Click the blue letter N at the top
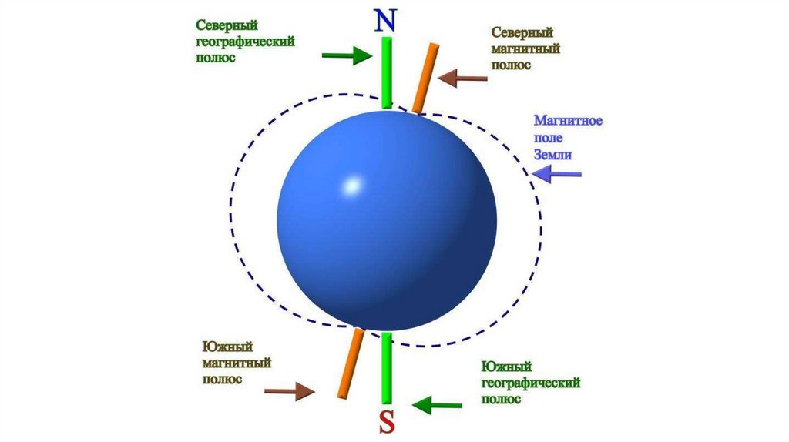(x=386, y=21)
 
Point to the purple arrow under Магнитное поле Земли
(x=558, y=175)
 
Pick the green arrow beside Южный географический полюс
(x=437, y=403)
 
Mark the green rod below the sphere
(x=387, y=367)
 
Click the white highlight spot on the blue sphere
(x=351, y=186)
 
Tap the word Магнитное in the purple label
(x=567, y=121)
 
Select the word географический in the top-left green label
(x=245, y=42)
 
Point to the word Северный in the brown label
(x=522, y=33)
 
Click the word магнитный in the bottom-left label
(x=237, y=363)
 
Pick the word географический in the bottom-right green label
(x=531, y=383)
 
